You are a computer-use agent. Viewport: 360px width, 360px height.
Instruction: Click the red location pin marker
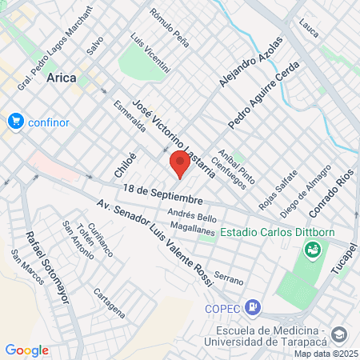[x=180, y=165]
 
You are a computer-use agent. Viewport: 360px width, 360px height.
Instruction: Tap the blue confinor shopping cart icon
[x=14, y=122]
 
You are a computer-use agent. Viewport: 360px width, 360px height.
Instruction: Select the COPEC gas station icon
[x=253, y=306]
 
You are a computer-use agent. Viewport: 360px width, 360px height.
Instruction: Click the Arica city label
[x=62, y=77]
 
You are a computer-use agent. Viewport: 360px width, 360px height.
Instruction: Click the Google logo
[x=26, y=350]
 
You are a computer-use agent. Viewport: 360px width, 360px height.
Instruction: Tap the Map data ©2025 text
[x=326, y=354]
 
